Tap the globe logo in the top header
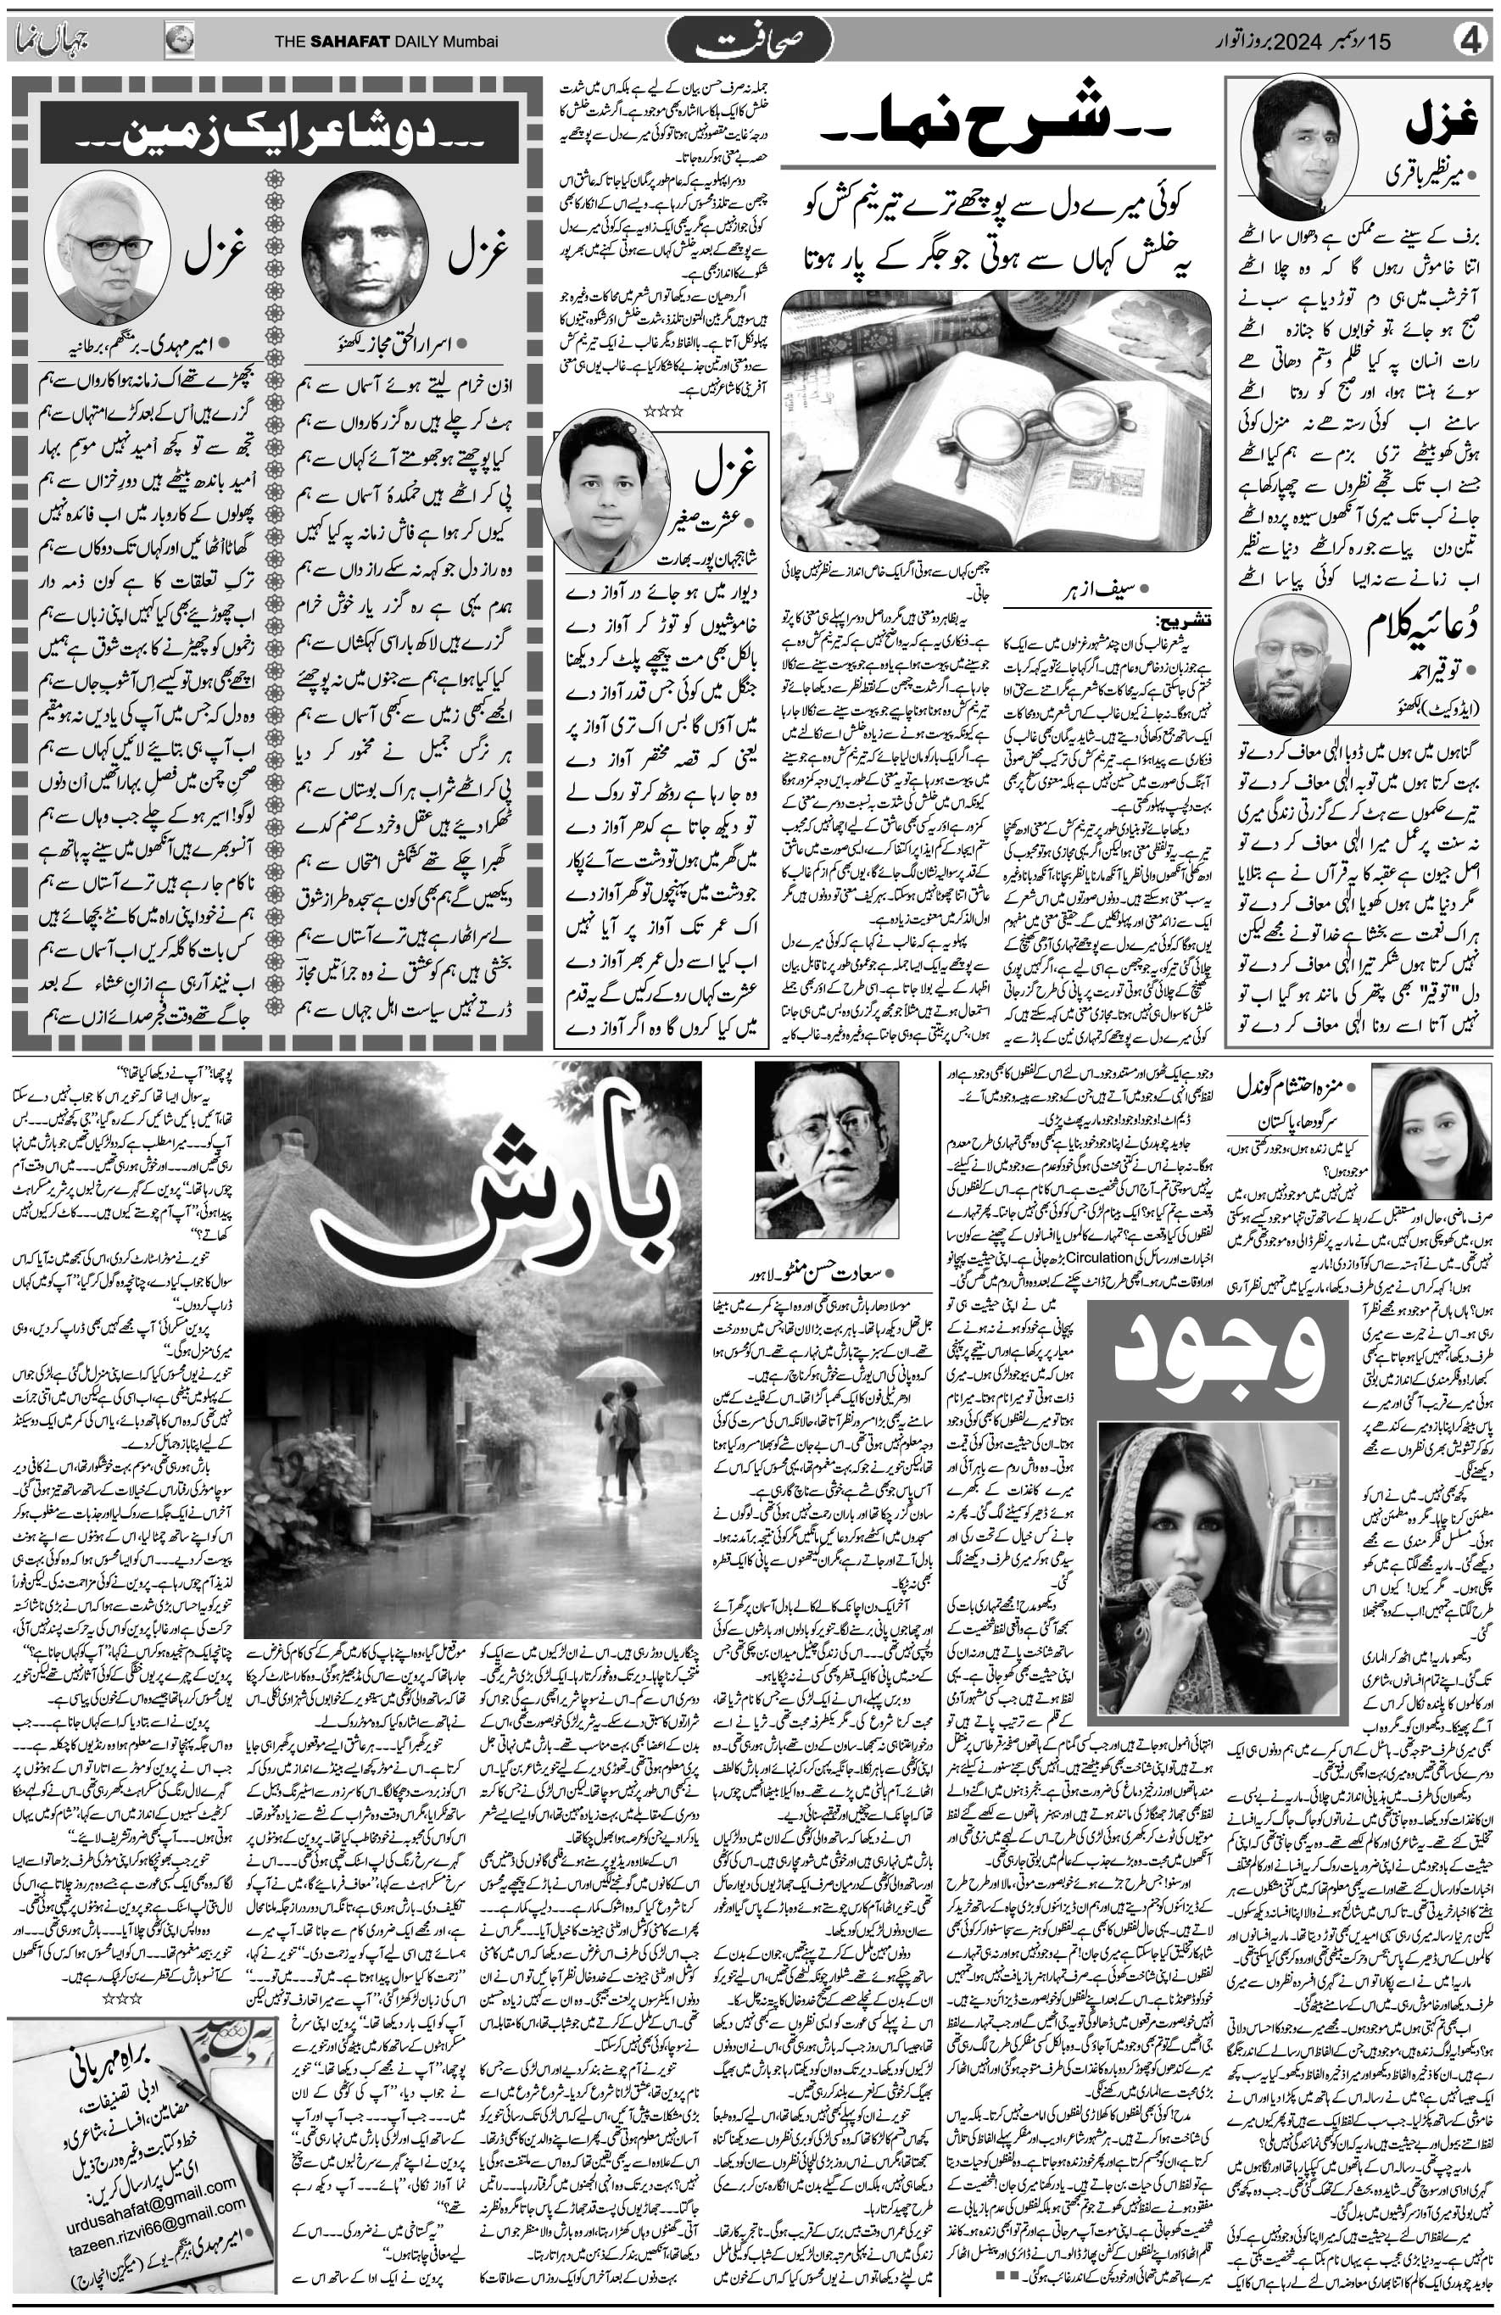[x=179, y=41]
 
